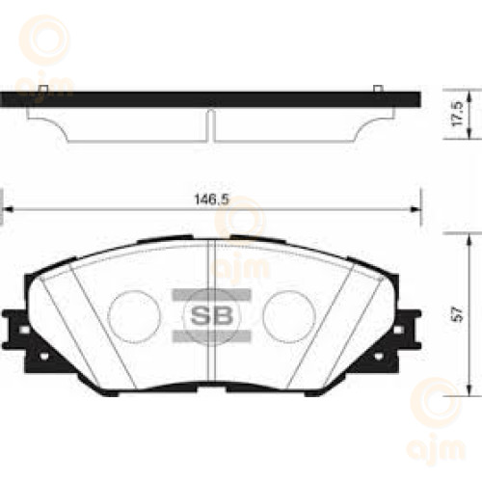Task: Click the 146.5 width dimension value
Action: click(212, 200)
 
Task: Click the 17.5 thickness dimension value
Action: click(457, 114)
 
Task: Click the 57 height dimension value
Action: click(457, 314)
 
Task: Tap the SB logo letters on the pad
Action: click(211, 315)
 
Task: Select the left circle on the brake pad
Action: click(134, 316)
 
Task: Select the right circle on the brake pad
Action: click(289, 316)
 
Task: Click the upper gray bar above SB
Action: click(211, 295)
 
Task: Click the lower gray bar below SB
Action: click(211, 335)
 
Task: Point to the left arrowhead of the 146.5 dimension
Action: click(8, 209)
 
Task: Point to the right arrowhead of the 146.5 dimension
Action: click(415, 209)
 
